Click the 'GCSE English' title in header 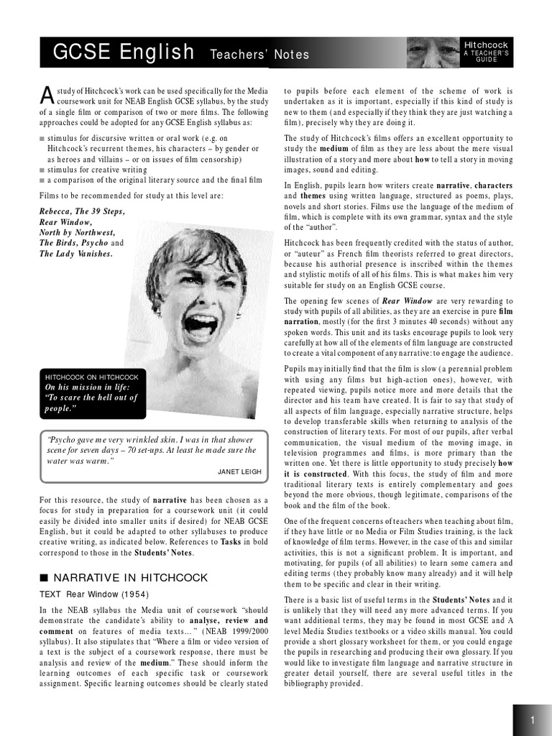(123, 52)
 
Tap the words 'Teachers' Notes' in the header (259, 55)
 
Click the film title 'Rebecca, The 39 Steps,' (82, 211)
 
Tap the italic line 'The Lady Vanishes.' (76, 254)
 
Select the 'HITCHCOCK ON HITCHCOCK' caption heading (91, 377)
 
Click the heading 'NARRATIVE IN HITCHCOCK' (131, 578)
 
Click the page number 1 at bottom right (533, 720)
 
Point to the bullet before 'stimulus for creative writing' (42, 170)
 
